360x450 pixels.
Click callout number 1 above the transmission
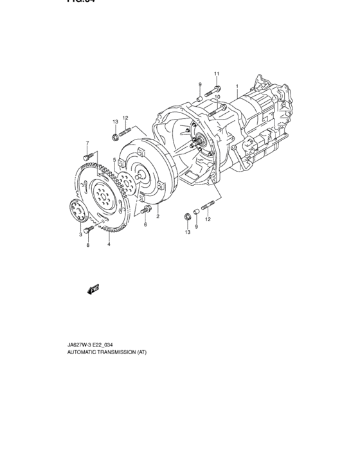point(237,85)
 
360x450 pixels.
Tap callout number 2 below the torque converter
point(157,216)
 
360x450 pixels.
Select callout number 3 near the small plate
point(81,235)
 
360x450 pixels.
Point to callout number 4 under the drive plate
point(109,244)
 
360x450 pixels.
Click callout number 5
point(115,160)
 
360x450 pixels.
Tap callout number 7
point(87,142)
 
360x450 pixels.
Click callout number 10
point(218,97)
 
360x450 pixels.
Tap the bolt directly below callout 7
point(87,155)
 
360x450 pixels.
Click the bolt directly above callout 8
point(87,230)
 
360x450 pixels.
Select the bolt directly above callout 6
point(146,210)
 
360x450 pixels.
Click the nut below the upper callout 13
point(115,136)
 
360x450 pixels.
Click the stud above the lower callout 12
point(208,207)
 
